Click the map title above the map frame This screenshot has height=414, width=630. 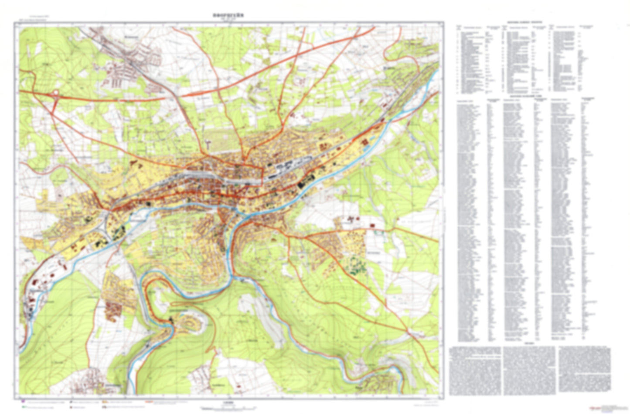(229, 15)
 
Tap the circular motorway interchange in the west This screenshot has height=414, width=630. (56, 95)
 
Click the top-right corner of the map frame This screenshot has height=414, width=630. (443, 22)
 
